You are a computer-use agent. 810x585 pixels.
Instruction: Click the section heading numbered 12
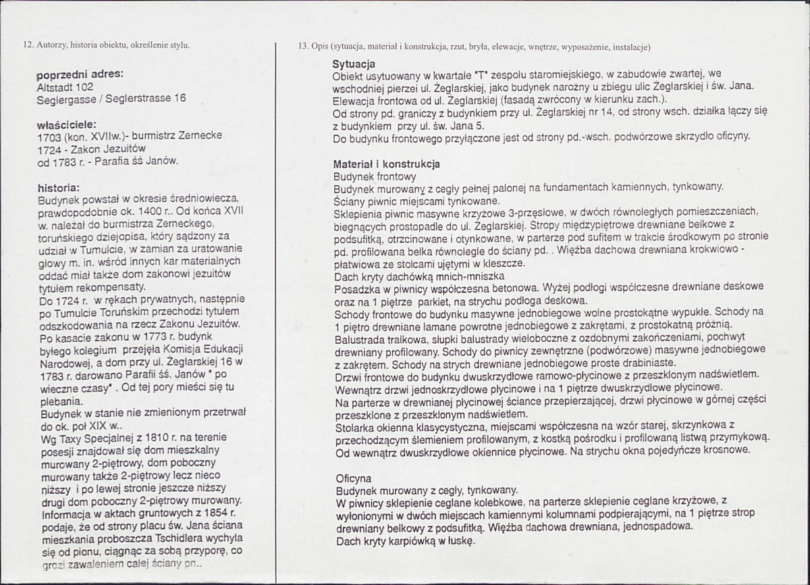click(x=107, y=45)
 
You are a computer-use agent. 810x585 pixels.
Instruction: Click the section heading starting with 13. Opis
click(x=474, y=47)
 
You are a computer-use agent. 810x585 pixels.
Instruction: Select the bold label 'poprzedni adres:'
click(x=80, y=74)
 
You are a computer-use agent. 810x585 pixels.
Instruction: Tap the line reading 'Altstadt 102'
click(x=65, y=86)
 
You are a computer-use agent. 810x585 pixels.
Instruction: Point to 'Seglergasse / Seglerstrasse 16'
click(x=111, y=99)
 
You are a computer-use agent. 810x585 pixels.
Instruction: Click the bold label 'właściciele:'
click(x=67, y=124)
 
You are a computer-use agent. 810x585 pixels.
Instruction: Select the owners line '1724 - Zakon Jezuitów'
click(x=91, y=148)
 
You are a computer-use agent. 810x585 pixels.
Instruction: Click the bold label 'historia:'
click(x=59, y=186)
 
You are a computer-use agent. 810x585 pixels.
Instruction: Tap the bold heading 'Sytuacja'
click(x=354, y=63)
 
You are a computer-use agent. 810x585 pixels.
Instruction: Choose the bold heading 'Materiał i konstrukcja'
click(x=386, y=164)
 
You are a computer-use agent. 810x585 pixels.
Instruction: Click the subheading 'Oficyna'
click(x=353, y=478)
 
